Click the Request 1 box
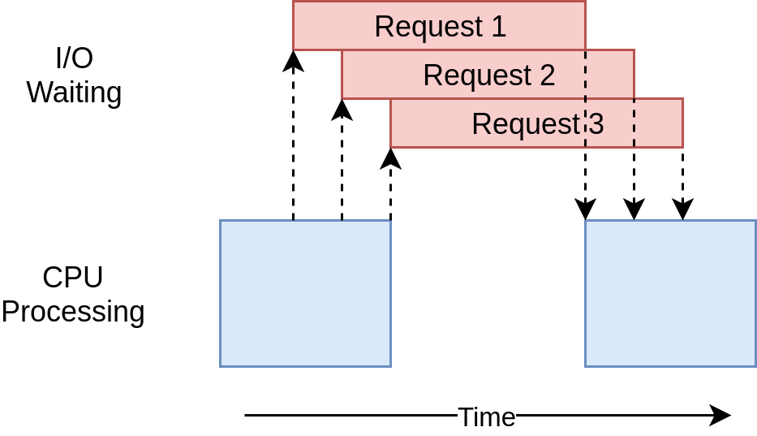coord(439,26)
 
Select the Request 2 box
coord(488,75)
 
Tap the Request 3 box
coord(536,123)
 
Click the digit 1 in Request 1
coord(497,27)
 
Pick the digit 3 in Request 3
coord(596,124)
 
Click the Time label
coord(487,417)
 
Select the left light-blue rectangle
coord(305,293)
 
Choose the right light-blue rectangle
coord(670,293)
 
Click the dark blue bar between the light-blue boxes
coord(488,343)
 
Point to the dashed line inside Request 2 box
coord(585,75)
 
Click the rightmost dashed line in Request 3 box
coord(634,123)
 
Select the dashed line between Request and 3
coord(585,123)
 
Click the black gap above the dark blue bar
coord(488,270)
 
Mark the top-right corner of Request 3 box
coord(682,99)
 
